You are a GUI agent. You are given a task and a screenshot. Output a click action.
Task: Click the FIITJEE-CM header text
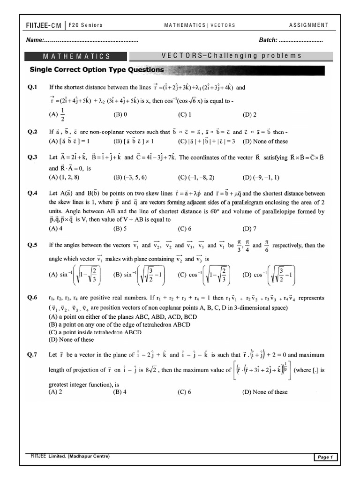(44, 25)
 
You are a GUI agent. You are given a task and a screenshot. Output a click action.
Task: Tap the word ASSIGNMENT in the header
(308, 25)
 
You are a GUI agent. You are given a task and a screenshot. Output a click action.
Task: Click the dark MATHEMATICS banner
(77, 56)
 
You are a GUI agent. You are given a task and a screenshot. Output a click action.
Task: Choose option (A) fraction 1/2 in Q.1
(58, 114)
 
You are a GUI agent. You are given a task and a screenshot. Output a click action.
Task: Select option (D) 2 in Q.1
(249, 114)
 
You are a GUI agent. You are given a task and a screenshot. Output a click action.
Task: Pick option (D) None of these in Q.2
(265, 141)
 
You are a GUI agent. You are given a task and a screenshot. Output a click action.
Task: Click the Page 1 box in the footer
(325, 457)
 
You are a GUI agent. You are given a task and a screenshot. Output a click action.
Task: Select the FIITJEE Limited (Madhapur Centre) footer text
(67, 456)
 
